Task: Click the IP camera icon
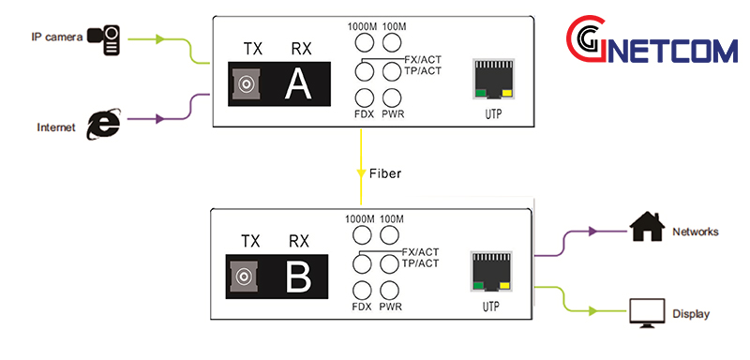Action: pos(104,38)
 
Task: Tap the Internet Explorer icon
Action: pos(102,124)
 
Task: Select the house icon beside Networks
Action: pos(646,228)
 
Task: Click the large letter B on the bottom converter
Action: pos(298,277)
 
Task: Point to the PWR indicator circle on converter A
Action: pos(391,97)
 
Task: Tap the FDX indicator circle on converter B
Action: pos(363,290)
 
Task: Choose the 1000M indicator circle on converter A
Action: pos(363,42)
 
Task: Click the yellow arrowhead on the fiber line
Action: pos(362,173)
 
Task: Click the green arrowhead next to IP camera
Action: pos(160,39)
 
